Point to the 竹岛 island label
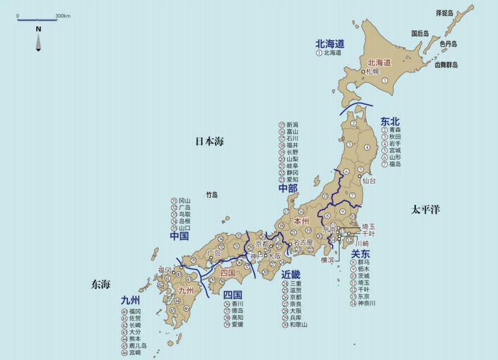[x=212, y=194]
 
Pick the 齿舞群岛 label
[x=446, y=65]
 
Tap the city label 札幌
[x=372, y=72]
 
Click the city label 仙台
[x=369, y=182]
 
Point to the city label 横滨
[x=329, y=259]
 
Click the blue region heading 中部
[x=288, y=188]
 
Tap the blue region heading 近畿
[x=291, y=274]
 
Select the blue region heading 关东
[x=360, y=254]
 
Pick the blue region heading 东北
[x=391, y=120]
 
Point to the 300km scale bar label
[x=63, y=16]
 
